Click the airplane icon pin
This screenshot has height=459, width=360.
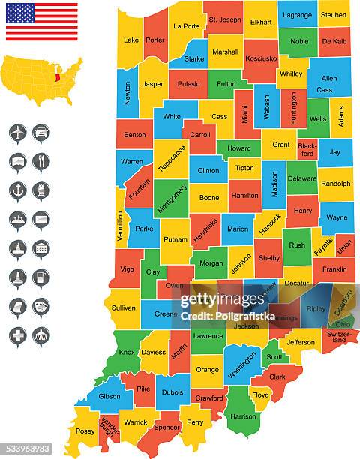(x=18, y=133)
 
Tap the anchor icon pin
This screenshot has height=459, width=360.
(x=18, y=190)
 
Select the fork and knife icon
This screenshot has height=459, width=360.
(x=41, y=161)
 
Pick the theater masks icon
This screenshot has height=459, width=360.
(x=41, y=306)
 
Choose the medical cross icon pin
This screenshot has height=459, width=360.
(x=18, y=335)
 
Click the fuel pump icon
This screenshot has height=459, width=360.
(x=41, y=277)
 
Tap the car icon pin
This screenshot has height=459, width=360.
(x=41, y=133)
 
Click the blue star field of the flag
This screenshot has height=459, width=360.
(x=20, y=13)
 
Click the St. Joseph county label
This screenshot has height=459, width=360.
(x=225, y=19)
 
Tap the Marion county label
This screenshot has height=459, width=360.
(x=237, y=229)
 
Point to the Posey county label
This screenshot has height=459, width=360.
(x=85, y=431)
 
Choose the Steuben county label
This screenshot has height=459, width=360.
(x=333, y=14)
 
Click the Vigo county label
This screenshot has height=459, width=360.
(x=126, y=268)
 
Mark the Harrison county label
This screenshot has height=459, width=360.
(x=243, y=415)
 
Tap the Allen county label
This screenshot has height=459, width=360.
(x=328, y=79)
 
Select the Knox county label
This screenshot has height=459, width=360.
(x=127, y=352)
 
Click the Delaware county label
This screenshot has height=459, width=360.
(x=302, y=178)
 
